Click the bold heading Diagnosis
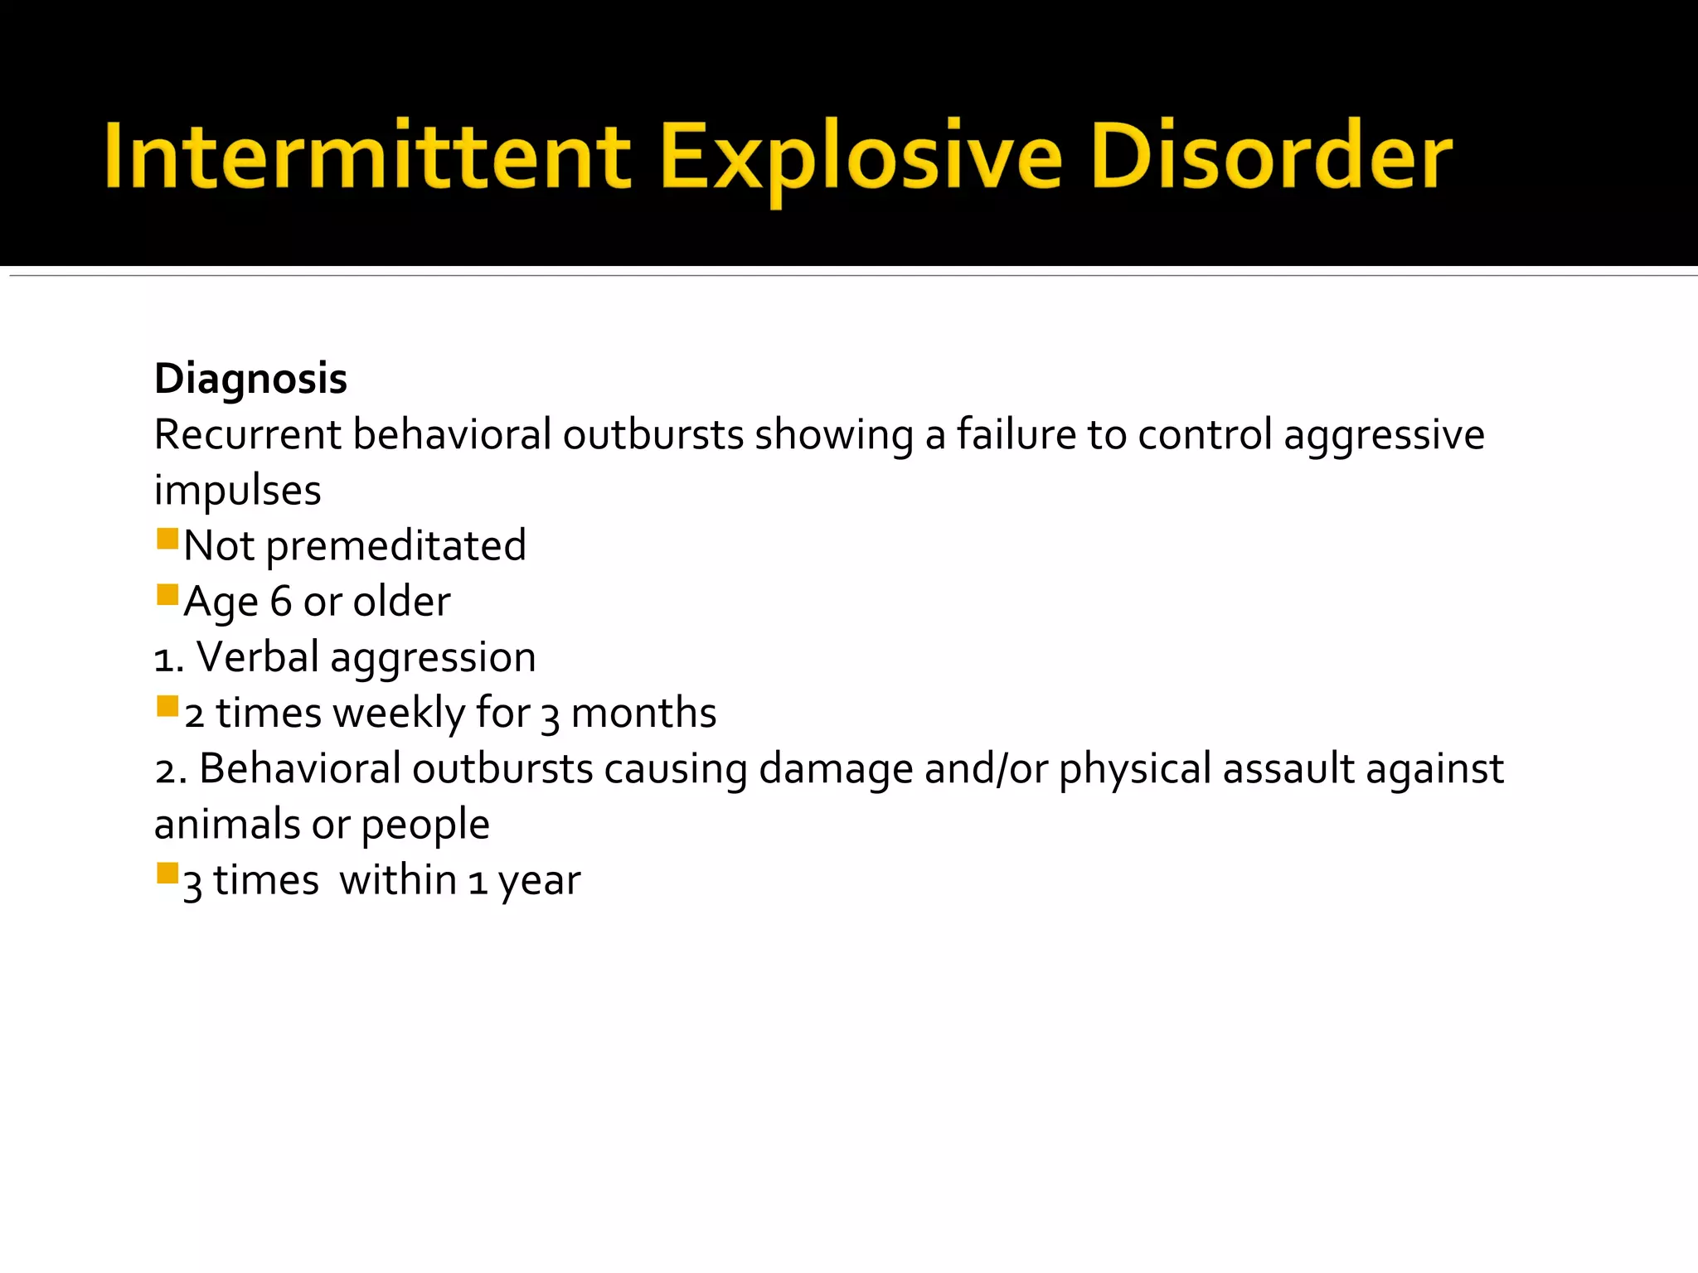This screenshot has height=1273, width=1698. click(250, 379)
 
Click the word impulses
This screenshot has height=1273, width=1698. click(237, 491)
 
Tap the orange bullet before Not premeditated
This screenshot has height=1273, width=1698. click(167, 540)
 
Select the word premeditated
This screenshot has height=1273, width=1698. click(395, 546)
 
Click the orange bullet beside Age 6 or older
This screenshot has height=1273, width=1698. click(167, 595)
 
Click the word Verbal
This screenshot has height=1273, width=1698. click(257, 657)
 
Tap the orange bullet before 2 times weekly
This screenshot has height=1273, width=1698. click(167, 707)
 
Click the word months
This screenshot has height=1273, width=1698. click(643, 713)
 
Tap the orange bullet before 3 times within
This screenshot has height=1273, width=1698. click(167, 874)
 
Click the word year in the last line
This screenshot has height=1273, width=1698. click(539, 881)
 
